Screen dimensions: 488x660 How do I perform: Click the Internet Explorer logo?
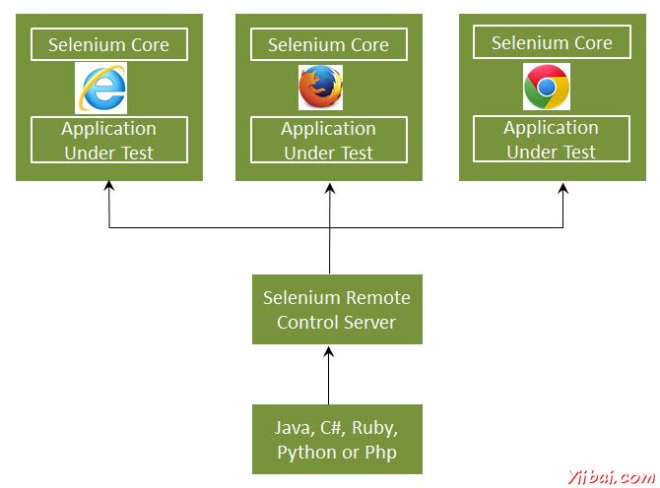(100, 89)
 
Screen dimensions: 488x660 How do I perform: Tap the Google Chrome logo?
(546, 88)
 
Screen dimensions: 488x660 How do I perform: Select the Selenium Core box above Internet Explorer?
(108, 45)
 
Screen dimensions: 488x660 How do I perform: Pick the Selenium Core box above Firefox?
(328, 45)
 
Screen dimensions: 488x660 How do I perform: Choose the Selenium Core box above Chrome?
(552, 43)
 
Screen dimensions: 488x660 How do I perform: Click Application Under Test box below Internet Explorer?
(108, 140)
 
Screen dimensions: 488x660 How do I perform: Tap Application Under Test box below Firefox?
(328, 140)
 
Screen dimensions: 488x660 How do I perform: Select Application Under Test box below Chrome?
(552, 139)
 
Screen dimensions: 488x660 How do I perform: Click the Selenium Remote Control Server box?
(337, 309)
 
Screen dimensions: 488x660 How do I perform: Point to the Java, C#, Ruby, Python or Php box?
(337, 440)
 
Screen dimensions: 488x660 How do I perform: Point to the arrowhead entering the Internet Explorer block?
(108, 187)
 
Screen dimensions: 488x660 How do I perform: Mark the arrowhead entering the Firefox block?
(330, 187)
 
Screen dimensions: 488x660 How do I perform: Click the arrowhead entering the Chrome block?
(563, 187)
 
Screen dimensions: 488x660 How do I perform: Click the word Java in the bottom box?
(295, 428)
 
